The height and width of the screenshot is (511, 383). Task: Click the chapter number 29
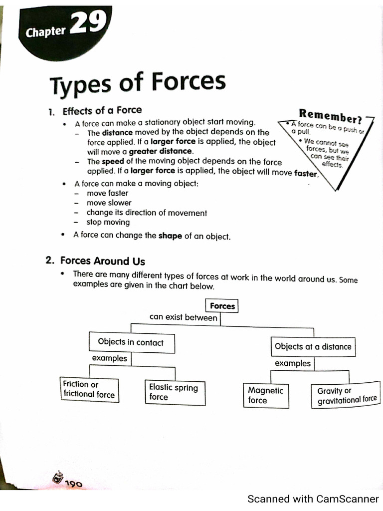[x=89, y=23]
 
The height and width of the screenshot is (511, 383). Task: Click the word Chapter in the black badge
[x=45, y=32]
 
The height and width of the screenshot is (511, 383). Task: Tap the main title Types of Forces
[x=137, y=83]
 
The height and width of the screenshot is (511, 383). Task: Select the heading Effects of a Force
[x=102, y=110]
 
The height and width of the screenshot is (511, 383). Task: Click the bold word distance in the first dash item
[x=117, y=133]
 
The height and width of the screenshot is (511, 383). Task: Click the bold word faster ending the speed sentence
[x=306, y=174]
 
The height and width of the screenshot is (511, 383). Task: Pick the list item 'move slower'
[x=109, y=203]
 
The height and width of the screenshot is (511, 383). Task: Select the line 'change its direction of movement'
[x=147, y=213]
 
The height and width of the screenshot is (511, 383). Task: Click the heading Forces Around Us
[x=102, y=261]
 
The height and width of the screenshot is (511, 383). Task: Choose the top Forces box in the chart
[x=222, y=306]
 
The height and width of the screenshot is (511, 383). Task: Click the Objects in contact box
[x=131, y=342]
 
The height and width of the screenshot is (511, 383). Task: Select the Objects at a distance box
[x=313, y=347]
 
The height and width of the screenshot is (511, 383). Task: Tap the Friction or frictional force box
[x=89, y=390]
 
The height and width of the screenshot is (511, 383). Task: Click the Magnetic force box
[x=265, y=395]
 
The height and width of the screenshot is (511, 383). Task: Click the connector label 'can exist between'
[x=183, y=317]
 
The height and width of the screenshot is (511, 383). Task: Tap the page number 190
[x=72, y=483]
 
